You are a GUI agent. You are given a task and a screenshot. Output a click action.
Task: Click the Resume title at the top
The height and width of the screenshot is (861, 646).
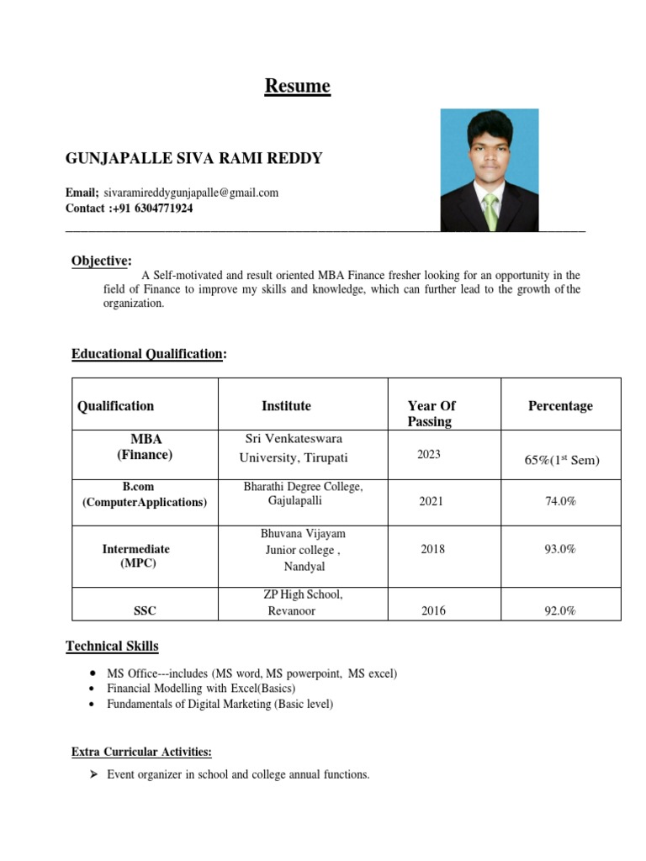pyautogui.click(x=298, y=86)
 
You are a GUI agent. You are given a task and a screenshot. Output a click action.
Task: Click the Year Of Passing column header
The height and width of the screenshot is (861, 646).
pyautogui.click(x=432, y=413)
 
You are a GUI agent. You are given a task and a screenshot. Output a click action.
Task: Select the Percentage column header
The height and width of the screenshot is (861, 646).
pyautogui.click(x=560, y=406)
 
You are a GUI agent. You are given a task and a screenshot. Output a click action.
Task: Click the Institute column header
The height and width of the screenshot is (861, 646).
pyautogui.click(x=286, y=406)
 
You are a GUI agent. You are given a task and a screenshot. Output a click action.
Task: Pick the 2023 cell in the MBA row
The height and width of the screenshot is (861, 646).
pyautogui.click(x=428, y=454)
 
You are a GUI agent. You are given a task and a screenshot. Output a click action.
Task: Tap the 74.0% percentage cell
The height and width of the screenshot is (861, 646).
pyautogui.click(x=560, y=501)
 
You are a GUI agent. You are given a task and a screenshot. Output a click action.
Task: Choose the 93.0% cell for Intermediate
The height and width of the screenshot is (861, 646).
pyautogui.click(x=560, y=549)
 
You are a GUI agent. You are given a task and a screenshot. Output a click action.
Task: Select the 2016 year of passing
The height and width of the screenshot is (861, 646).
pyautogui.click(x=433, y=611)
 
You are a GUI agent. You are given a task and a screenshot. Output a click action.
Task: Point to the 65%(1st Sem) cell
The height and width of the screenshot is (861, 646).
pyautogui.click(x=560, y=460)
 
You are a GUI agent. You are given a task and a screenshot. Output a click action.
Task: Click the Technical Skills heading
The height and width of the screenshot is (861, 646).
pyautogui.click(x=112, y=646)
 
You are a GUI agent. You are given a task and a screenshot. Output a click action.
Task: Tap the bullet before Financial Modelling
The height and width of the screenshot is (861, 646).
pyautogui.click(x=91, y=689)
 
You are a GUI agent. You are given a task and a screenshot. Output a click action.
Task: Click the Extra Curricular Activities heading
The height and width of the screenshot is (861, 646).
pyautogui.click(x=141, y=752)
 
